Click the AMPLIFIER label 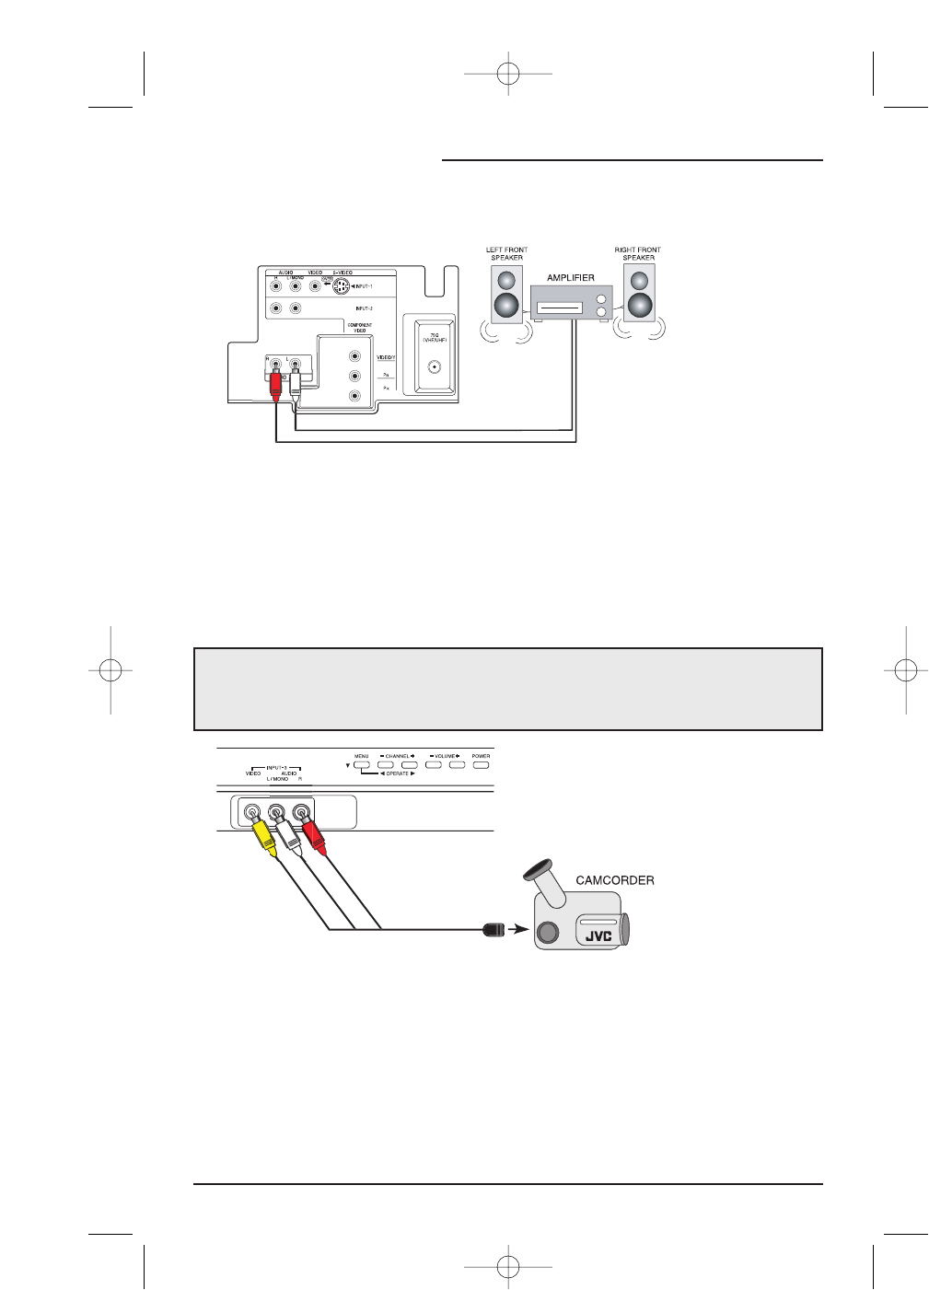[571, 277]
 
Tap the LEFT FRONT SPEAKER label [506, 253]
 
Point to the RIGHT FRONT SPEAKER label [637, 253]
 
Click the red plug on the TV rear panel [274, 384]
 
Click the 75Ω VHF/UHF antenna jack [433, 366]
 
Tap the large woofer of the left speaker [506, 306]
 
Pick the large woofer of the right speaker [639, 306]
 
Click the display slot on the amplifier [559, 308]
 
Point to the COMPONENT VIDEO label [360, 328]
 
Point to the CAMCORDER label [615, 880]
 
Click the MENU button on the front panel [362, 764]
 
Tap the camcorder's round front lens [547, 933]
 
